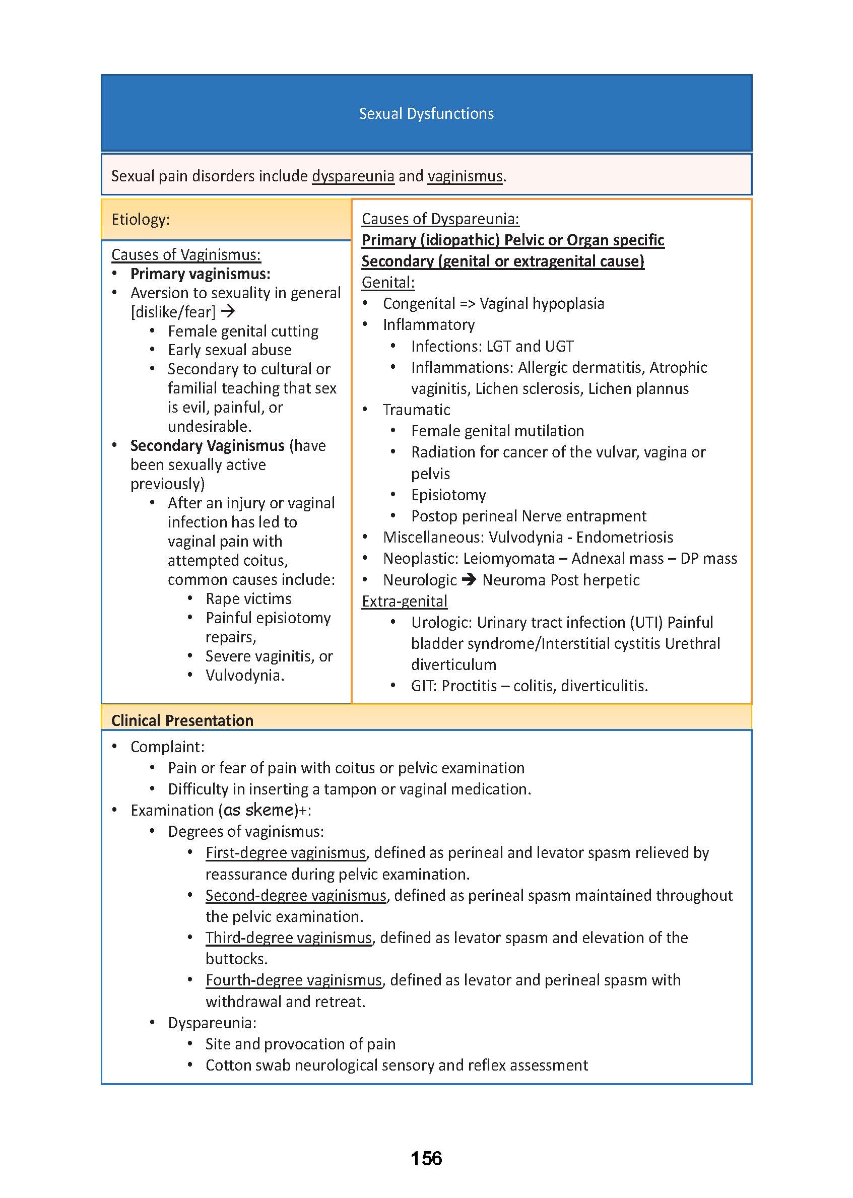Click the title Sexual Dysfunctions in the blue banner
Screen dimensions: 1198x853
click(426, 113)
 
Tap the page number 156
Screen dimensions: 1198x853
click(426, 1158)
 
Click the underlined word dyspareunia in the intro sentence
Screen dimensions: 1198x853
click(353, 176)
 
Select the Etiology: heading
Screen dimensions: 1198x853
click(140, 219)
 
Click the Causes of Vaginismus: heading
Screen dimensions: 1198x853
click(186, 255)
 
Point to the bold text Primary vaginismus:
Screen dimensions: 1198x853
click(200, 274)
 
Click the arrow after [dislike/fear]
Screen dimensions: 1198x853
click(228, 311)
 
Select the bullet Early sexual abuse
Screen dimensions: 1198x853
click(230, 350)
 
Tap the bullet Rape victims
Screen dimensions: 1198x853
click(248, 598)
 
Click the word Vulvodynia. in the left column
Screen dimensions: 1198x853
click(245, 676)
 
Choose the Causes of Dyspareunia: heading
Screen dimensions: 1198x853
click(440, 219)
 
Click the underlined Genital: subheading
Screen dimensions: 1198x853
click(388, 283)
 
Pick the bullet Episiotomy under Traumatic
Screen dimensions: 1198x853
click(448, 495)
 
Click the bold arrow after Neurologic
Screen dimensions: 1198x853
click(469, 580)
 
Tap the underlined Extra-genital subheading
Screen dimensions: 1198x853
click(405, 602)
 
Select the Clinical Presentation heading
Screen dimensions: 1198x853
click(182, 720)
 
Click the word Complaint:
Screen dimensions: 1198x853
click(168, 747)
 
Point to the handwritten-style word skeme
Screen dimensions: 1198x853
click(269, 810)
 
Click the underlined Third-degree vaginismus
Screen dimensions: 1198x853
click(288, 938)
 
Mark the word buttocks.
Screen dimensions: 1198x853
click(236, 959)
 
